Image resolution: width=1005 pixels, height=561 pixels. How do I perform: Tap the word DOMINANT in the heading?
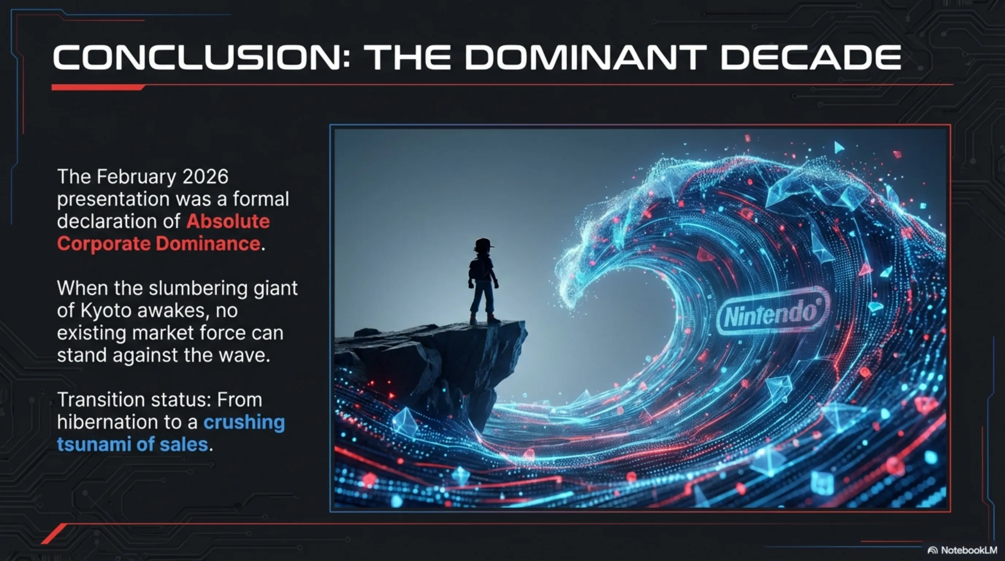585,57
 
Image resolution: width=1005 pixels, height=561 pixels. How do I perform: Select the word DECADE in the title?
811,57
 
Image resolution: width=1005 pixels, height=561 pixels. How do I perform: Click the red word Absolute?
228,221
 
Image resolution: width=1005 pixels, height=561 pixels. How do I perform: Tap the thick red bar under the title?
98,87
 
